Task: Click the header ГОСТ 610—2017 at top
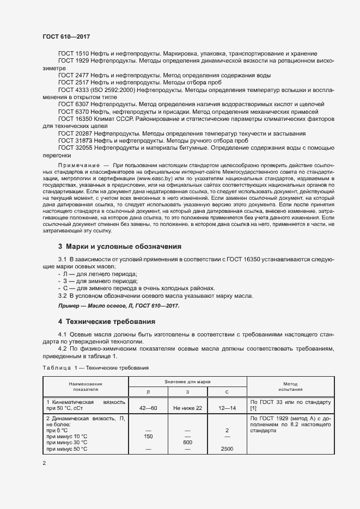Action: [66, 36]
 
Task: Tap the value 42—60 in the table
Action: [148, 408]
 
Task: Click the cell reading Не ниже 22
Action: [188, 408]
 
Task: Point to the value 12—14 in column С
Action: [227, 408]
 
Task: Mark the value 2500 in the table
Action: [227, 449]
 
